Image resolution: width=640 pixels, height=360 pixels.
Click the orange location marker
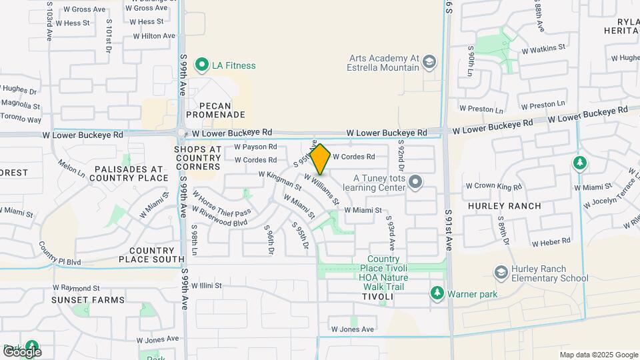click(x=321, y=159)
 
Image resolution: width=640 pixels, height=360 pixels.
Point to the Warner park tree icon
click(x=437, y=292)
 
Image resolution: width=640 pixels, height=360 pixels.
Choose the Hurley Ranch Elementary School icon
click(x=501, y=273)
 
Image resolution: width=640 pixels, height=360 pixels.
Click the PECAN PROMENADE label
click(x=215, y=110)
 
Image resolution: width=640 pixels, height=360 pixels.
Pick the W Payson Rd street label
click(x=255, y=147)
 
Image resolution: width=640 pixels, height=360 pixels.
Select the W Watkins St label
click(x=543, y=49)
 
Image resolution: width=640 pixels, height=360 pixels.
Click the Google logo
click(x=22, y=351)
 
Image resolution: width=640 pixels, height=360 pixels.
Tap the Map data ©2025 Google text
click(x=598, y=355)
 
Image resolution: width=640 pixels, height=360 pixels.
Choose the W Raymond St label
click(x=77, y=288)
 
